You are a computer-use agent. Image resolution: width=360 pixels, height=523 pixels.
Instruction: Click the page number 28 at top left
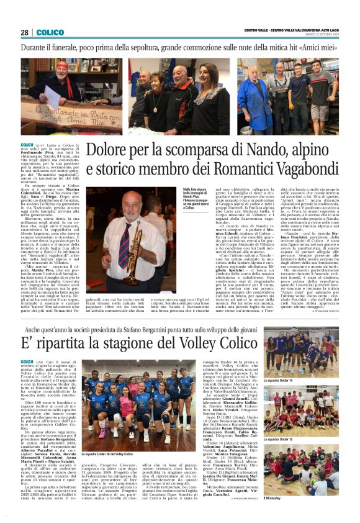[25, 32]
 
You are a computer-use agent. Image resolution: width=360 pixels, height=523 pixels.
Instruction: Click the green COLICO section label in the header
[50, 32]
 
